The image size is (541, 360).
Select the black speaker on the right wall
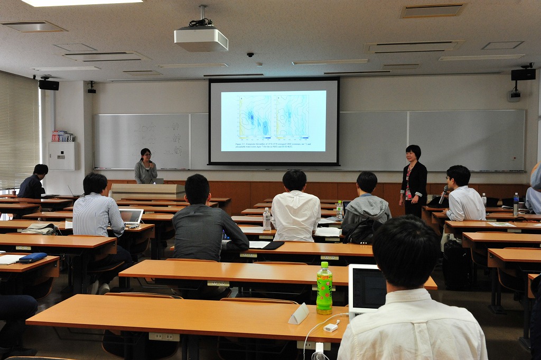pyautogui.click(x=523, y=75)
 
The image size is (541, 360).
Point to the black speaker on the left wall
pyautogui.click(x=49, y=85)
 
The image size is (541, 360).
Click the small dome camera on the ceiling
pyautogui.click(x=250, y=54)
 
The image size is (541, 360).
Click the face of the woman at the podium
pyautogui.click(x=146, y=156)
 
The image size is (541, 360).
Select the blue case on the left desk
pyautogui.click(x=32, y=257)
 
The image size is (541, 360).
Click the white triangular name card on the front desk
pyautogui.click(x=299, y=313)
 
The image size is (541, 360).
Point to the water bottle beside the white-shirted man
pyautogui.click(x=267, y=219)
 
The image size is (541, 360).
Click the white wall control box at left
pyautogui.click(x=61, y=156)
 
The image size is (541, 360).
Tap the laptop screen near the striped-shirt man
pyautogui.click(x=131, y=216)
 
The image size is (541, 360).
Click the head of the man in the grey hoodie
pyautogui.click(x=367, y=183)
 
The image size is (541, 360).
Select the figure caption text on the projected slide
pyautogui.click(x=273, y=144)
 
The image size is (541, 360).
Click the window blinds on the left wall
pyautogui.click(x=19, y=132)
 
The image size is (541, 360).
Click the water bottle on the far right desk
pyautogui.click(x=516, y=205)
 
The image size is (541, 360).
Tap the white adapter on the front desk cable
pyautogui.click(x=331, y=327)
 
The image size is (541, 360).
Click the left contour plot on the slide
pyautogui.click(x=255, y=116)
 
